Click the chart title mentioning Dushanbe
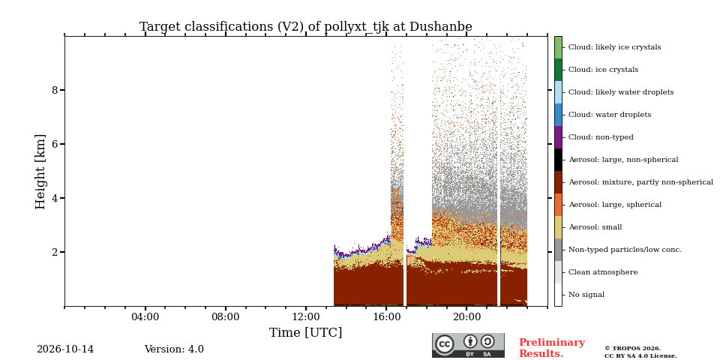(x=306, y=27)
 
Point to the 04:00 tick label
(x=145, y=316)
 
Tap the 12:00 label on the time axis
(x=306, y=316)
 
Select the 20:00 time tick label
(x=467, y=316)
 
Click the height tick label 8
(x=55, y=90)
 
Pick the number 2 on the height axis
(x=55, y=252)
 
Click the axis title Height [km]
(x=40, y=172)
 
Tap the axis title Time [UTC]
(x=306, y=332)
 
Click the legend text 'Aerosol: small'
(x=595, y=227)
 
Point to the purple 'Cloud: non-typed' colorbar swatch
(x=558, y=137)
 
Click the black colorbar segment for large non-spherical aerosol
(x=558, y=160)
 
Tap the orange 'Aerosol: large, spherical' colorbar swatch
(x=558, y=205)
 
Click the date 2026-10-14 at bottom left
(x=65, y=349)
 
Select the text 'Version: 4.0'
(x=174, y=349)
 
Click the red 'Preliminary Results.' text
(x=552, y=348)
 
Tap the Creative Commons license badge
(x=468, y=345)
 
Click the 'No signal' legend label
(x=586, y=295)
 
